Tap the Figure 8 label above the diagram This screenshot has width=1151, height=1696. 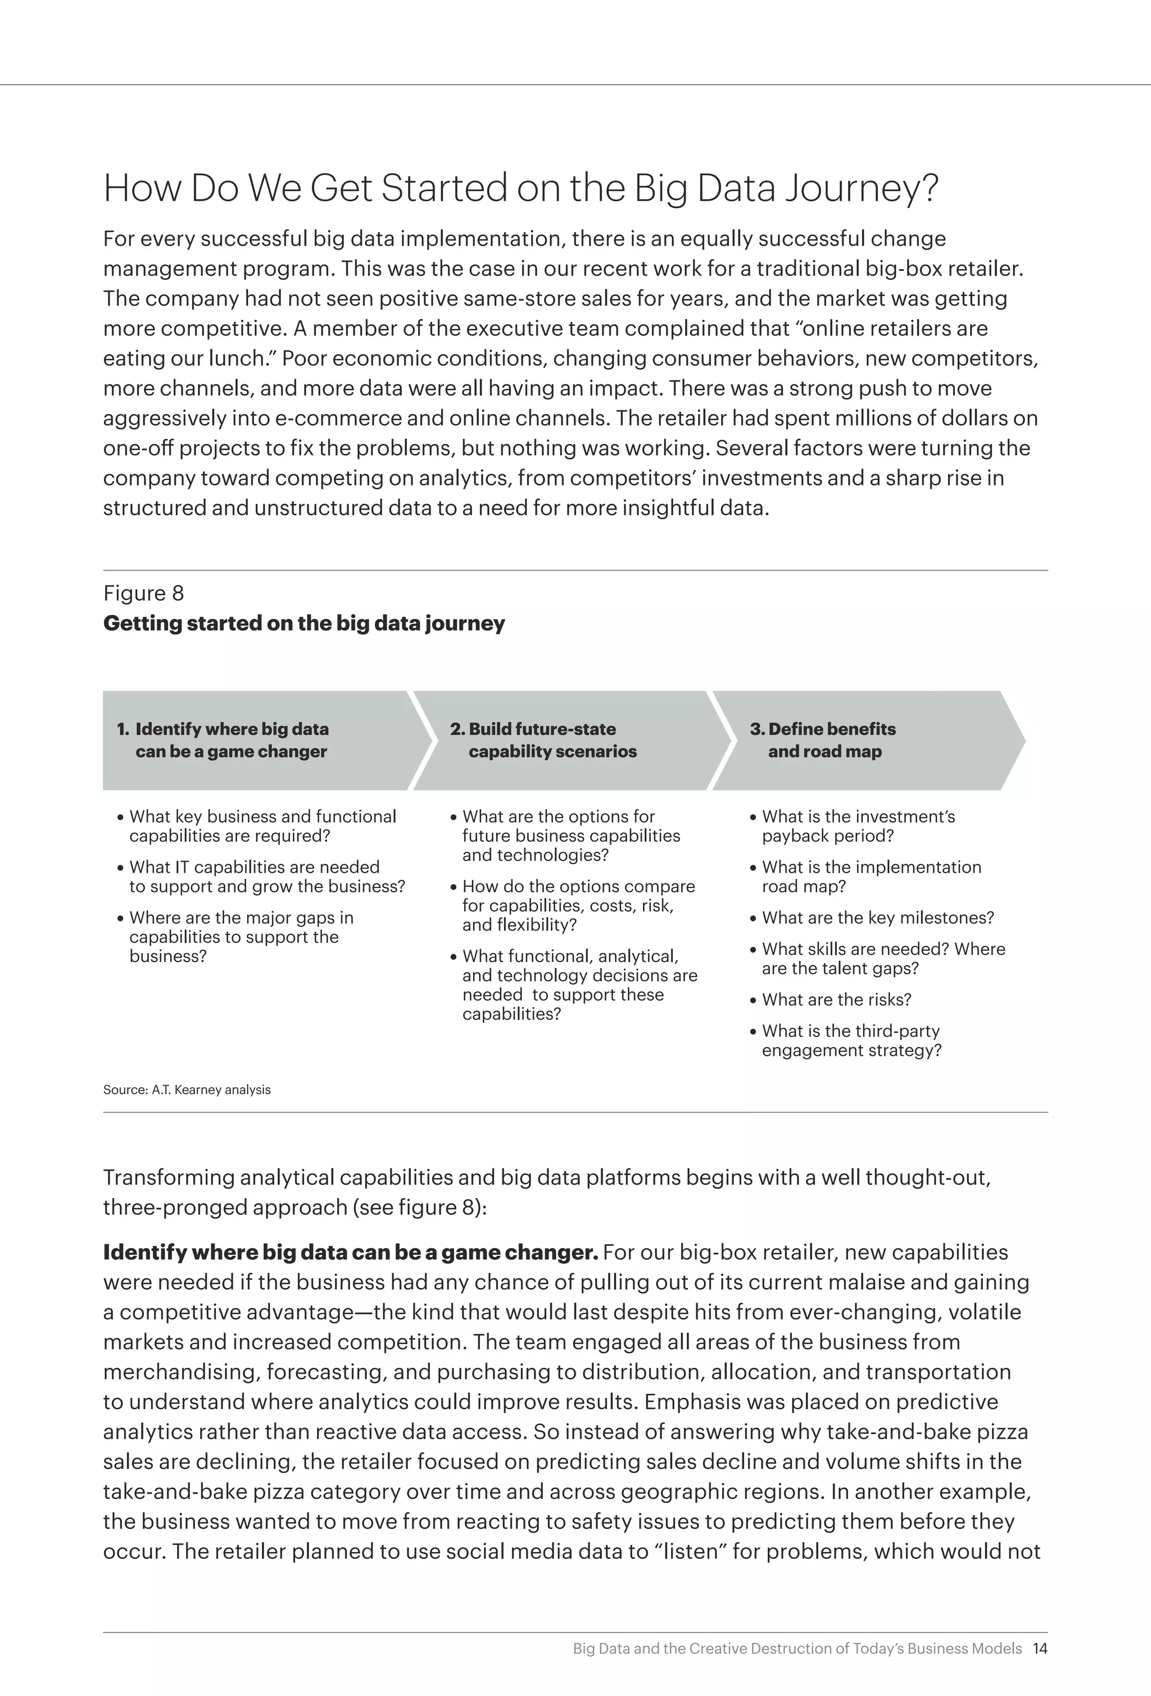pyautogui.click(x=143, y=593)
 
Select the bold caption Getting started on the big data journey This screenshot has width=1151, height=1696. pyautogui.click(x=303, y=623)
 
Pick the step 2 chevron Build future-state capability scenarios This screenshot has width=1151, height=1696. pyautogui.click(x=562, y=740)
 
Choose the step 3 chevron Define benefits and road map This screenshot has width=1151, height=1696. pyautogui.click(x=861, y=740)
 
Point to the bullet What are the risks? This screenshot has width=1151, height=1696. pyautogui.click(x=836, y=1000)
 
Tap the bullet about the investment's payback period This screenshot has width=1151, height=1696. pyautogui.click(x=858, y=826)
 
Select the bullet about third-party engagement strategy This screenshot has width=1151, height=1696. pyautogui.click(x=851, y=1041)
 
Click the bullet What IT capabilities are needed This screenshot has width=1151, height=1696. pyautogui.click(x=266, y=877)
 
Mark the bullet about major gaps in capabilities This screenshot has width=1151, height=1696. pyautogui.click(x=241, y=936)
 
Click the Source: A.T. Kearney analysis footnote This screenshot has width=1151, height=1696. pyautogui.click(x=187, y=1090)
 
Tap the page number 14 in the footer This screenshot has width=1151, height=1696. pyautogui.click(x=1040, y=1649)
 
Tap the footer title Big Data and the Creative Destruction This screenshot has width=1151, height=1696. pyautogui.click(x=797, y=1649)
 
